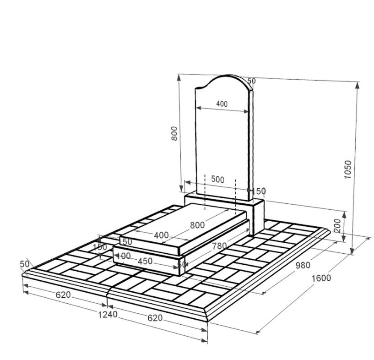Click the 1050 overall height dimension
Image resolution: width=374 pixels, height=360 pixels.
click(348, 169)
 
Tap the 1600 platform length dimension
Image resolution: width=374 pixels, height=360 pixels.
click(321, 278)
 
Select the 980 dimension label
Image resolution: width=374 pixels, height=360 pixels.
click(303, 265)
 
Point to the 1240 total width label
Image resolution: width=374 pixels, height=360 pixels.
click(108, 315)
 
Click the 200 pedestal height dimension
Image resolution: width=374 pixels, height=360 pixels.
click(338, 226)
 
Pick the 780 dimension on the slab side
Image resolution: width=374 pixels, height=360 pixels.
click(219, 246)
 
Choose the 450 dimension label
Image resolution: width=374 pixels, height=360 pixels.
click(145, 261)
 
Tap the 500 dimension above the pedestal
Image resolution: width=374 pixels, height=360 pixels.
click(217, 180)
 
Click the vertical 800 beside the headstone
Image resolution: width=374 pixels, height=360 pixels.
click(174, 133)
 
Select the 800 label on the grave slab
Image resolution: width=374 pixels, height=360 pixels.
click(197, 225)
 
